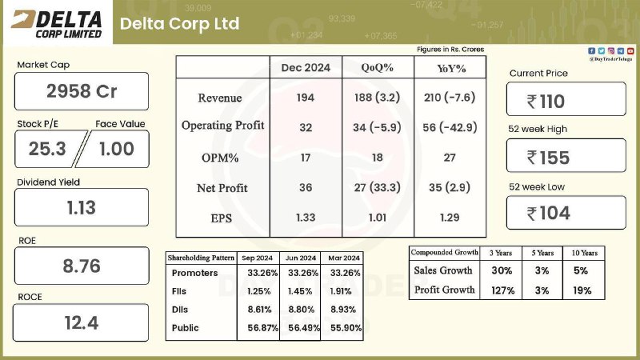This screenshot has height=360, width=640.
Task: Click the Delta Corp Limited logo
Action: (56, 24)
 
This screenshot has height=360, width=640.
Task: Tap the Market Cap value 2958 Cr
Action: (82, 91)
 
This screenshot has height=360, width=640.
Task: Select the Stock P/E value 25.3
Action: (47, 149)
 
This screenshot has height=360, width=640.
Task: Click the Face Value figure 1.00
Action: (117, 149)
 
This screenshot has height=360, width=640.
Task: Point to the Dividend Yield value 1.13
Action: (82, 208)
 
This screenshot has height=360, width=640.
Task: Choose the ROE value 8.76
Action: (82, 266)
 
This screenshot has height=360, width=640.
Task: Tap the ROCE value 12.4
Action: (82, 323)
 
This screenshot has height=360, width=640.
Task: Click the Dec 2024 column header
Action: (306, 68)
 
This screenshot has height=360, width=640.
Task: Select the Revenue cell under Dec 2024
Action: (306, 98)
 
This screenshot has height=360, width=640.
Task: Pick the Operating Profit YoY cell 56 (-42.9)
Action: (450, 127)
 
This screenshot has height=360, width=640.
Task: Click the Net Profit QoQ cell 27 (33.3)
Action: (377, 187)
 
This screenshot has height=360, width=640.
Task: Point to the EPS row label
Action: (222, 218)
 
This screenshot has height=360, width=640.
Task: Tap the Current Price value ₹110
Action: (546, 102)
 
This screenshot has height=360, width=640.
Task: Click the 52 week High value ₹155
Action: (548, 158)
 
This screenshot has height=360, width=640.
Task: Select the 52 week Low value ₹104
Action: (549, 213)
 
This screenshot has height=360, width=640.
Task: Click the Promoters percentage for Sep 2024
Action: (262, 273)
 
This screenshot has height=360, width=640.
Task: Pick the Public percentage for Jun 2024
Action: (304, 328)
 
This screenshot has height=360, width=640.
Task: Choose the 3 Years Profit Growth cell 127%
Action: (503, 290)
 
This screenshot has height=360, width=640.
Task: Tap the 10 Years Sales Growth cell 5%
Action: (581, 270)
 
